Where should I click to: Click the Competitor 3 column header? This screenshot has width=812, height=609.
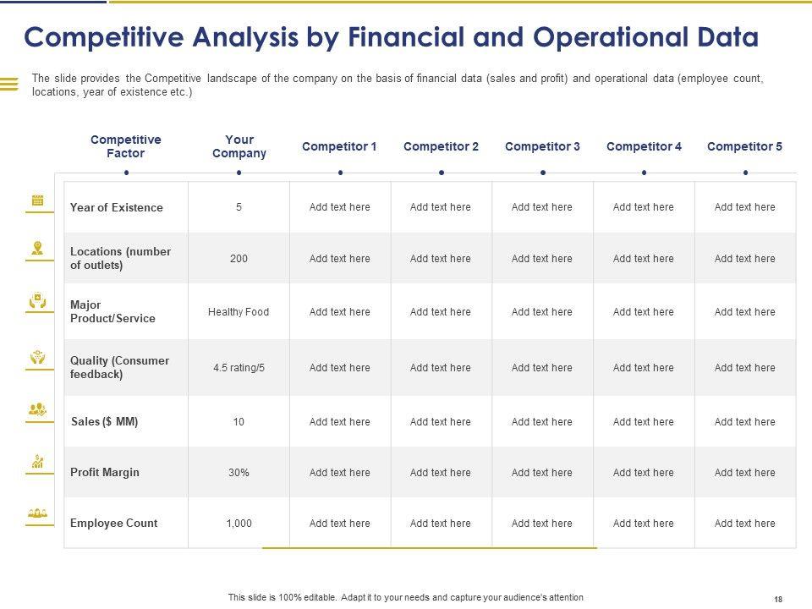click(542, 146)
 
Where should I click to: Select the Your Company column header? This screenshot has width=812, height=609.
click(239, 146)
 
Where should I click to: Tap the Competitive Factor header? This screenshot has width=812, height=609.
click(126, 146)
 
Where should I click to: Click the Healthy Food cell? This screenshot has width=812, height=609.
click(239, 312)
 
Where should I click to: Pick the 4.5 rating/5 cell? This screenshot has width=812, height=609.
click(239, 368)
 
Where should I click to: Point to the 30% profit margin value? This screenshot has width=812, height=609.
click(239, 473)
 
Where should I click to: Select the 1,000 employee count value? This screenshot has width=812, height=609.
click(239, 524)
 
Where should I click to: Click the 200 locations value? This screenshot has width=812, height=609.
click(239, 259)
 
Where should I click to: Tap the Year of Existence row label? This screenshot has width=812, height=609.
click(117, 207)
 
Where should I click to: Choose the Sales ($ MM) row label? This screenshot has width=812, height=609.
click(105, 422)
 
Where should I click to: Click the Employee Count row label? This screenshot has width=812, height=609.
click(113, 524)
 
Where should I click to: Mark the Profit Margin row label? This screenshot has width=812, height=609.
click(105, 473)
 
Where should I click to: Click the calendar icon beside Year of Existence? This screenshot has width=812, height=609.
click(38, 200)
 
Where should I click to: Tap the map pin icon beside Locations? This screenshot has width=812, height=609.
click(38, 248)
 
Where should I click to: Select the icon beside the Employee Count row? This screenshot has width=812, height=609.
click(38, 513)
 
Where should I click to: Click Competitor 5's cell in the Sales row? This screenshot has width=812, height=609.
click(744, 422)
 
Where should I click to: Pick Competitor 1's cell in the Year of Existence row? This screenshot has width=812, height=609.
click(339, 207)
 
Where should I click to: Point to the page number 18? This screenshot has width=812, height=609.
click(777, 599)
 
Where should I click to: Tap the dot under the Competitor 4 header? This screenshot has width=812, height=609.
click(644, 173)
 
